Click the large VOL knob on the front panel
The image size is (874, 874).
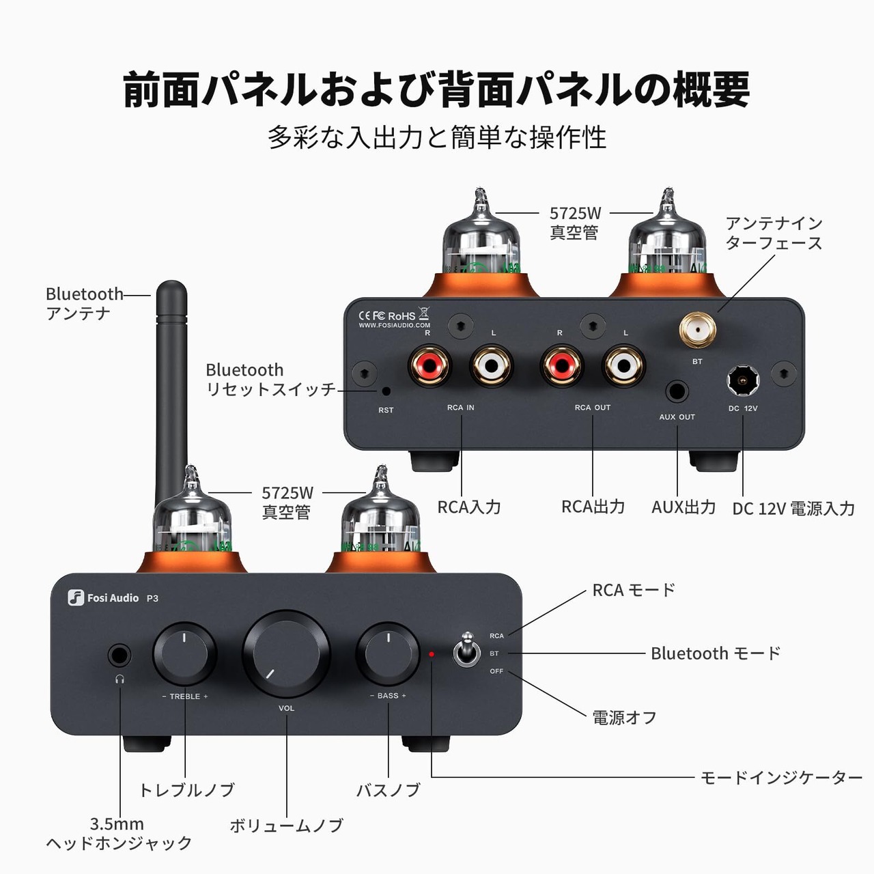coord(286,653)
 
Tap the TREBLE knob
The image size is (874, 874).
coord(184,653)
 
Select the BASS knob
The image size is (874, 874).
coord(388,653)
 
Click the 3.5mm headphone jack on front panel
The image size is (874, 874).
coord(119,656)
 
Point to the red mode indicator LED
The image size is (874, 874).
coord(432,654)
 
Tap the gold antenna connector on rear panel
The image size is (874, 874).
coord(697,330)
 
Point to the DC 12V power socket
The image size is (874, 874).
coord(743,380)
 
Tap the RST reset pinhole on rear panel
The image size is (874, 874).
coord(386,391)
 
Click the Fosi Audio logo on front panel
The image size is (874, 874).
coord(105,598)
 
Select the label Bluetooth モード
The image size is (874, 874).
coord(715,653)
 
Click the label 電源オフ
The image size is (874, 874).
coord(624,718)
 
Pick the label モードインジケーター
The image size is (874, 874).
coord(781,778)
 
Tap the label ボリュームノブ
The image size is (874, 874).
coord(286,826)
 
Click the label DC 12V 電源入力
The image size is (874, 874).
coord(793,509)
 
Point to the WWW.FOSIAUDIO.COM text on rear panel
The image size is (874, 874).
coord(395,326)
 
